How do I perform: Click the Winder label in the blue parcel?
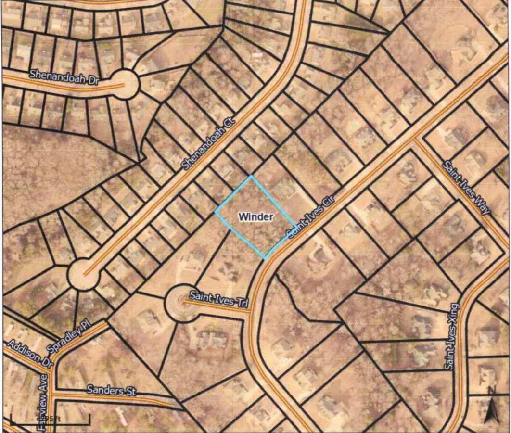256,217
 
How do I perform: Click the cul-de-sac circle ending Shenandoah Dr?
126,85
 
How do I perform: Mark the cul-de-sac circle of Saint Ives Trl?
181,303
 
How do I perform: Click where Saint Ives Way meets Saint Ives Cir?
415,140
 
